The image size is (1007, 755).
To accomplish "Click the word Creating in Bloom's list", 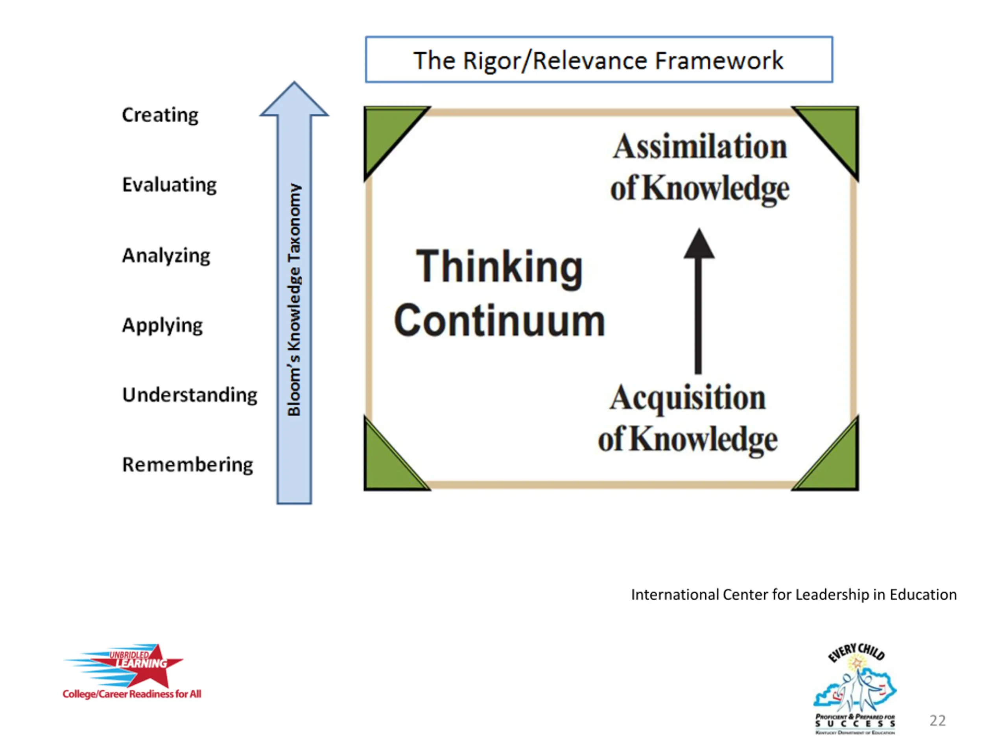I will tap(160, 115).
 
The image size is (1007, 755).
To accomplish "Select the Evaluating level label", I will tap(170, 185).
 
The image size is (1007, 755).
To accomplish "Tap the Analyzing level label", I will tap(166, 255).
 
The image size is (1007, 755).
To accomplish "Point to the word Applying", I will tap(162, 325).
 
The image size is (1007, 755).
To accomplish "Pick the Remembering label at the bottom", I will tap(188, 465).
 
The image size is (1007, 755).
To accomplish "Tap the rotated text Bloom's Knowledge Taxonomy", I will tap(294, 300).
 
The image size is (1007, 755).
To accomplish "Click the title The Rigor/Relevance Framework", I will tap(598, 60).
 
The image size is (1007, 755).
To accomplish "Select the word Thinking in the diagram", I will tap(500, 267).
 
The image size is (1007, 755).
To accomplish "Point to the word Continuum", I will tap(500, 321).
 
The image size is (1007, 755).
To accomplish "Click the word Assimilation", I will tap(700, 147).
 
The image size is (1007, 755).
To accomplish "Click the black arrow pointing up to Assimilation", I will tap(699, 300).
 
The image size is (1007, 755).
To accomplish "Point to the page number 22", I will tap(937, 720).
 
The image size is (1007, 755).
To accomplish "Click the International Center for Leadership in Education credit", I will tap(793, 594).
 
